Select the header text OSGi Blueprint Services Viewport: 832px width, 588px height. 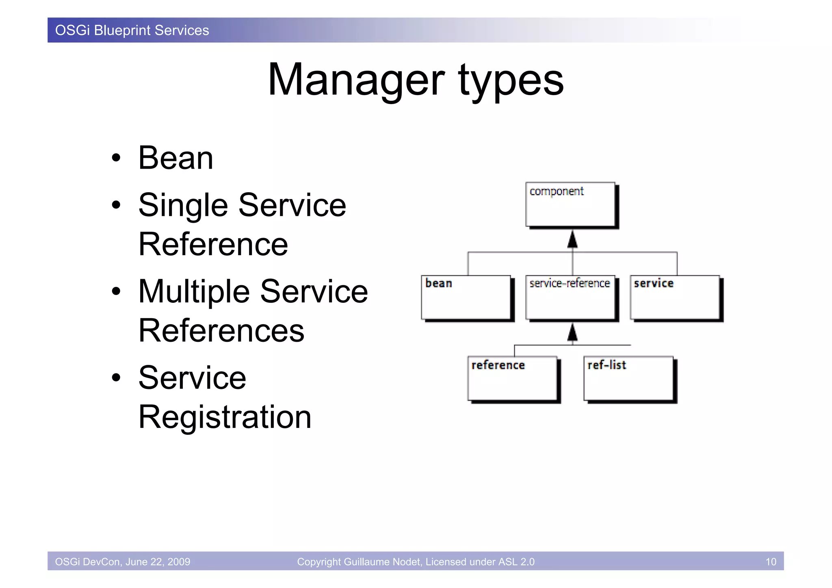132,30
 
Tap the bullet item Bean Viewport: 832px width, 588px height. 175,158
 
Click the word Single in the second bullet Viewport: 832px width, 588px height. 183,206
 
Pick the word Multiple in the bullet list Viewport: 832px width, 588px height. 194,292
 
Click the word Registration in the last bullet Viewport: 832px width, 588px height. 225,417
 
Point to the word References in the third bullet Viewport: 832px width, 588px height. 221,331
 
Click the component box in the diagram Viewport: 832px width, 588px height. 570,204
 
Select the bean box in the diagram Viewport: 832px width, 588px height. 466,297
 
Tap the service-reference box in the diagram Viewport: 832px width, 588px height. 570,297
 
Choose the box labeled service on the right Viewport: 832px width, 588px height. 674,297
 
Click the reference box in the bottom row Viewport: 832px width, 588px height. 512,379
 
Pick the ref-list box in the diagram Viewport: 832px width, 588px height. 628,379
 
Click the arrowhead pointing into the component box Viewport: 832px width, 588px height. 572,239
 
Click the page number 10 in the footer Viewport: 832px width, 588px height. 771,562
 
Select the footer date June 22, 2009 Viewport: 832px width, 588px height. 158,562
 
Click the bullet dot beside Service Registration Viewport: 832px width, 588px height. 116,378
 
